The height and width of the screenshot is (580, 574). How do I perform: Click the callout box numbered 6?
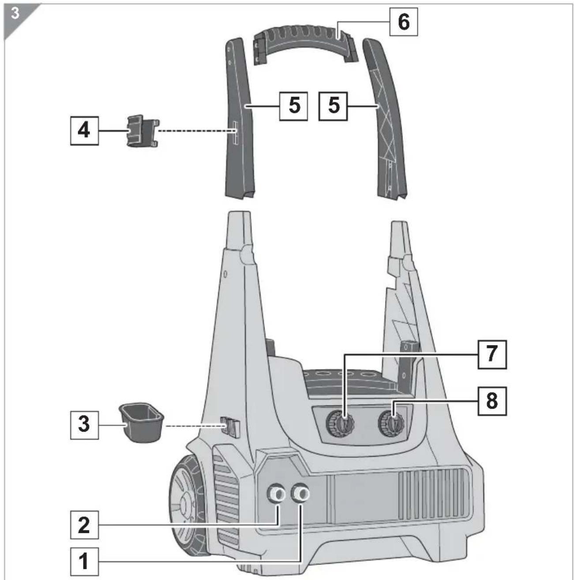click(x=403, y=22)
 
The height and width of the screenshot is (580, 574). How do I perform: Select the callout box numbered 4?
click(x=84, y=131)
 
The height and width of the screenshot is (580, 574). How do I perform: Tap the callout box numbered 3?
click(x=84, y=425)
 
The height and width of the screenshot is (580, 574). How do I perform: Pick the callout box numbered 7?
click(x=492, y=355)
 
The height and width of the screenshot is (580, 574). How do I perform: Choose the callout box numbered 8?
click(x=492, y=401)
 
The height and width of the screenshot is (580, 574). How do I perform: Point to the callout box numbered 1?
click(x=84, y=561)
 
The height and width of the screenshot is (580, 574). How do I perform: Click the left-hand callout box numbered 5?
click(x=293, y=106)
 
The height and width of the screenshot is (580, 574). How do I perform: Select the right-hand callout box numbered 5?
click(x=333, y=106)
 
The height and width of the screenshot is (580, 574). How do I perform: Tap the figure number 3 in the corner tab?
click(x=15, y=14)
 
